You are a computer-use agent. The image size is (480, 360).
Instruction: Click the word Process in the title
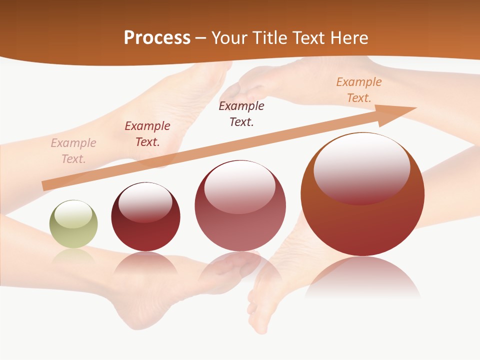coord(157,38)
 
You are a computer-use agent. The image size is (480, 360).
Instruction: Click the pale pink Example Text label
coord(73,151)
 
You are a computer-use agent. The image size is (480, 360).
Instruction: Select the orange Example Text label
coord(358,90)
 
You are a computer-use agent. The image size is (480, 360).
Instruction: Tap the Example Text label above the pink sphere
coord(241,113)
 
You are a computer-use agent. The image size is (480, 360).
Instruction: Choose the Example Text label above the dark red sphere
coord(147,134)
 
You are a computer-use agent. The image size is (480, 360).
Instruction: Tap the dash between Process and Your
coord(201,38)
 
